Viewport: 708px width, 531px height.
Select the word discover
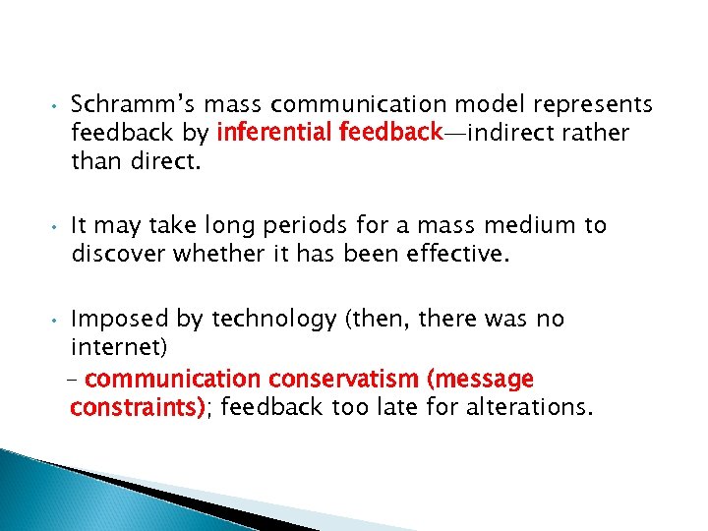pyautogui.click(x=118, y=255)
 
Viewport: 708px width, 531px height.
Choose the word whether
pyautogui.click(x=218, y=255)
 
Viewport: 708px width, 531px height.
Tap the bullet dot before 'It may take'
pyautogui.click(x=58, y=227)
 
